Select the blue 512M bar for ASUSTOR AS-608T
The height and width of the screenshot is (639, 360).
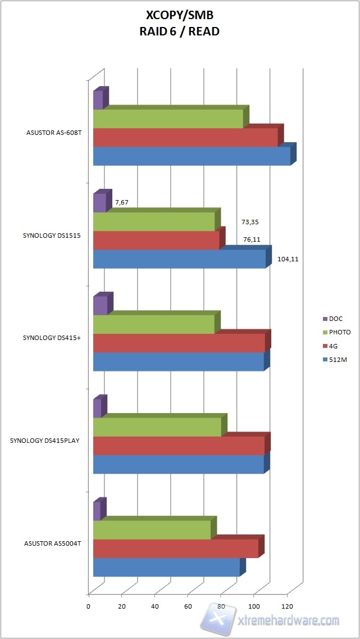tap(192, 156)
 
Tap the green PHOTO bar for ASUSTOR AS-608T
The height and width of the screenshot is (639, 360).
tap(168, 119)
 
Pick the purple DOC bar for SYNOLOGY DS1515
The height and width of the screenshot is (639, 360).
tap(99, 203)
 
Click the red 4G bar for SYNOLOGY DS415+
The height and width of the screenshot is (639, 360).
tap(179, 343)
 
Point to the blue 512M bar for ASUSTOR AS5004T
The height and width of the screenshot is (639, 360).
tap(166, 567)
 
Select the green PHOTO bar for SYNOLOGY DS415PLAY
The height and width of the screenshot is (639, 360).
tap(157, 427)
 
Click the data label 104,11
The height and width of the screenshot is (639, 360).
tap(288, 260)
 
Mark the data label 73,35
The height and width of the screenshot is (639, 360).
tap(250, 222)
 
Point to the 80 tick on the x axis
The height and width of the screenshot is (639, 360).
tap(221, 606)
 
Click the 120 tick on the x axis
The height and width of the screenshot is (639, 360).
tap(288, 606)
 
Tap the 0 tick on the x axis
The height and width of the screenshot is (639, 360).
tap(88, 606)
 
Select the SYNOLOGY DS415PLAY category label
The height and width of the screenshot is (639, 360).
tap(44, 441)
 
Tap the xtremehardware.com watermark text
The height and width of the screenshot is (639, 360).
tap(289, 620)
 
